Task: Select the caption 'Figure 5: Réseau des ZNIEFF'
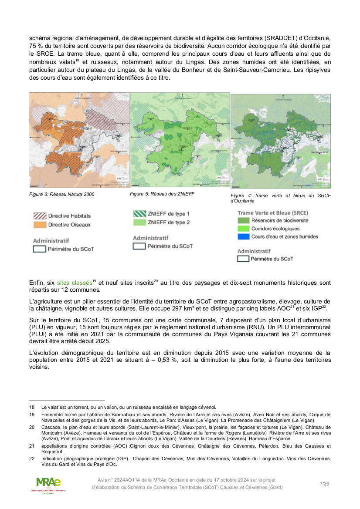point(162,194)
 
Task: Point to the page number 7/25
point(324,484)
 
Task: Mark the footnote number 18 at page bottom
point(32,407)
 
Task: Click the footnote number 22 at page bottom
point(32,458)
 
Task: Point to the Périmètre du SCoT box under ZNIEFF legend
point(139,246)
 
